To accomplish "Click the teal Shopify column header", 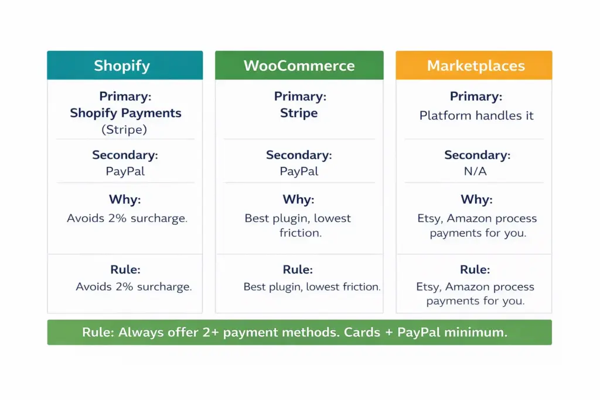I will pyautogui.click(x=125, y=65).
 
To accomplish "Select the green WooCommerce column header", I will pyautogui.click(x=299, y=65).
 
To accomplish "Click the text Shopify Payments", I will pyautogui.click(x=125, y=113).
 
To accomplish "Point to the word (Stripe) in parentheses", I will pyautogui.click(x=125, y=129).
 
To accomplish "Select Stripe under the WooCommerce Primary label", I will pyautogui.click(x=299, y=113).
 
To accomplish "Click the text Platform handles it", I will pyautogui.click(x=476, y=115).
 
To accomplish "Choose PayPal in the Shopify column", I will pyautogui.click(x=125, y=172).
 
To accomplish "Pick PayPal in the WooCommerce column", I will pyautogui.click(x=299, y=172).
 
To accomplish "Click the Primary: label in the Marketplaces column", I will pyautogui.click(x=476, y=97).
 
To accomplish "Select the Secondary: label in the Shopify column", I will pyautogui.click(x=125, y=155).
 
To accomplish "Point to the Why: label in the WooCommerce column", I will pyautogui.click(x=298, y=200).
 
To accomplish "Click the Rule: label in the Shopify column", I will pyautogui.click(x=125, y=270).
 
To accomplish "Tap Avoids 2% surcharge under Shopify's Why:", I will pyautogui.click(x=127, y=218).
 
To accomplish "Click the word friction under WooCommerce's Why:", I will pyautogui.click(x=301, y=233).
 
